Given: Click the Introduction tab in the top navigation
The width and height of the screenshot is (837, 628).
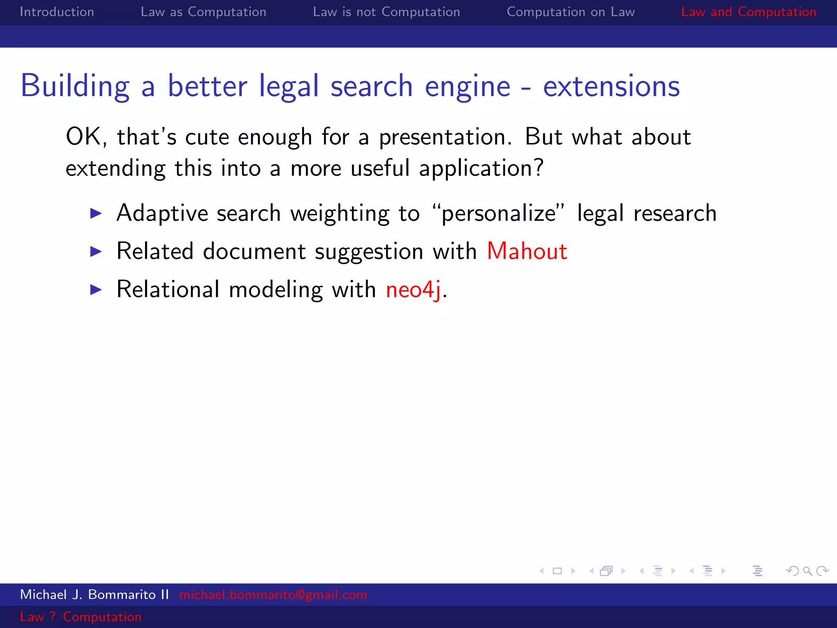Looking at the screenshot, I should point(57,12).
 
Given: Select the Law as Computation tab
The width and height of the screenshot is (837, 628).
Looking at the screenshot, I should point(203,12).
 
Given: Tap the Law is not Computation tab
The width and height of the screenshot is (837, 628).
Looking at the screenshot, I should point(386,12).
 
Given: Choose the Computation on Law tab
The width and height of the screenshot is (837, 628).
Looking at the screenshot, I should point(571,12).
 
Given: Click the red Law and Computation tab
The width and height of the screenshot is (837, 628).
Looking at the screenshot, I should point(748,12).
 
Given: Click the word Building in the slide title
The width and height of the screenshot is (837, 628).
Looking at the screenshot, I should point(75,86).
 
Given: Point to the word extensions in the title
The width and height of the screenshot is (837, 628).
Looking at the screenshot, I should point(611,86).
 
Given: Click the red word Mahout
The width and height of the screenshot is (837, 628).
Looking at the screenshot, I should point(527,251).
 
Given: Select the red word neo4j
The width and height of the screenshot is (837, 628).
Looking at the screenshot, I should point(413,289).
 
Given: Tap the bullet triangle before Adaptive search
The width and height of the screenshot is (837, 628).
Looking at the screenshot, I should point(96,213).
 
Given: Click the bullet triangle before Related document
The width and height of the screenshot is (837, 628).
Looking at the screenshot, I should point(96,251).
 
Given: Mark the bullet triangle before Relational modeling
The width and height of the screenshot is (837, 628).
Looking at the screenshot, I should point(96,290).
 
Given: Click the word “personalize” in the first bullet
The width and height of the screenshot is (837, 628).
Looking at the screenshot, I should point(498,213).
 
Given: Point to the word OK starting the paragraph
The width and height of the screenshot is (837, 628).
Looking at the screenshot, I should point(84,137).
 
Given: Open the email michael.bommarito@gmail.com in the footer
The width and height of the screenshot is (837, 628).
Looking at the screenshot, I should point(273,594).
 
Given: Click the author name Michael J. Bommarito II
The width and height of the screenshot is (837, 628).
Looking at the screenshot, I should point(94,594).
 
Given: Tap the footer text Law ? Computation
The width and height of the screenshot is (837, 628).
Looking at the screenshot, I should point(81,617).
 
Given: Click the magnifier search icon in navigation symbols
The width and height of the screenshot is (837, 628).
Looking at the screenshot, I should point(807,571).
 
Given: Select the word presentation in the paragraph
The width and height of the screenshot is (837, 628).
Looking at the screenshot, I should point(445,137).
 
